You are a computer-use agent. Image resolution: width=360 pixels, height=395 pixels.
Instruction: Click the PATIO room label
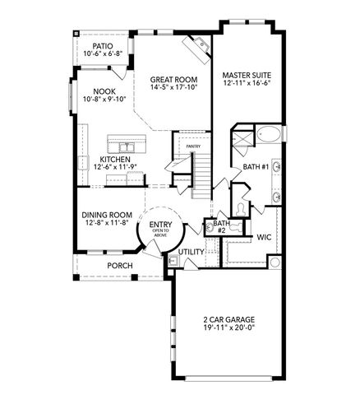point(103,46)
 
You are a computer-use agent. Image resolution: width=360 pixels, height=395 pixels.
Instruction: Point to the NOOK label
point(104,91)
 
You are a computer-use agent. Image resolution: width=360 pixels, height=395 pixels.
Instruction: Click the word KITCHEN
point(114,159)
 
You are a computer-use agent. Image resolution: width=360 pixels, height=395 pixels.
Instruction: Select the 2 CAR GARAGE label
point(223,321)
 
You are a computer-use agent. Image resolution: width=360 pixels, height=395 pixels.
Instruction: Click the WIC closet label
point(264,236)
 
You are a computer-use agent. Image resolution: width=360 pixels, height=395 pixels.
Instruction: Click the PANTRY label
point(193,146)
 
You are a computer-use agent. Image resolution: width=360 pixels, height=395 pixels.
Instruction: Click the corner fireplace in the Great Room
point(198,50)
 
